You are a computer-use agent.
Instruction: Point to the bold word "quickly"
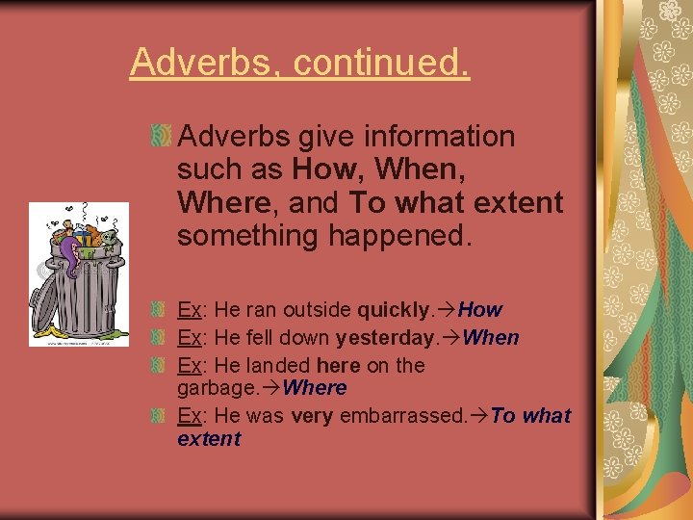point(396,310)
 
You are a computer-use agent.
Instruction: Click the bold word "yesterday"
point(384,338)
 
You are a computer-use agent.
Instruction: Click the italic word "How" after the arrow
point(480,310)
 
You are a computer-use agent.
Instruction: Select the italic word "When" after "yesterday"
point(491,338)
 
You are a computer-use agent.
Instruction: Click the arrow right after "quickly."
point(448,310)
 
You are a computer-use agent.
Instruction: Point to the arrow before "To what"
point(479,416)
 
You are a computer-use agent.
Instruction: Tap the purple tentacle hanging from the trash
point(67,255)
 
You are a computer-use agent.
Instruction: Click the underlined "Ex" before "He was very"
point(189,416)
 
